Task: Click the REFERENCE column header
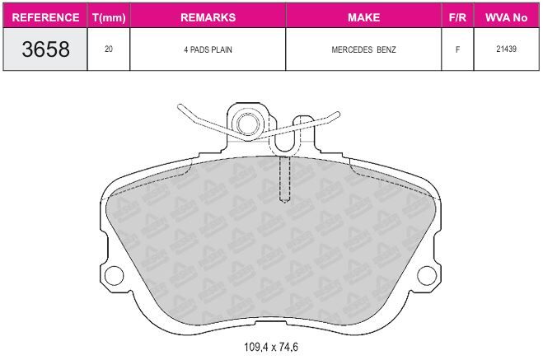click(x=45, y=17)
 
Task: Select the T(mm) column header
click(x=109, y=17)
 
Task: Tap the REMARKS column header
click(x=208, y=17)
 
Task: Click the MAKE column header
click(x=363, y=17)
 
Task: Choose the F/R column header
click(x=457, y=17)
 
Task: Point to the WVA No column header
click(x=506, y=17)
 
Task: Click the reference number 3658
click(x=45, y=49)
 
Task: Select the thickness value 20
click(x=109, y=49)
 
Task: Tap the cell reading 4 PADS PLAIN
click(x=208, y=50)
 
